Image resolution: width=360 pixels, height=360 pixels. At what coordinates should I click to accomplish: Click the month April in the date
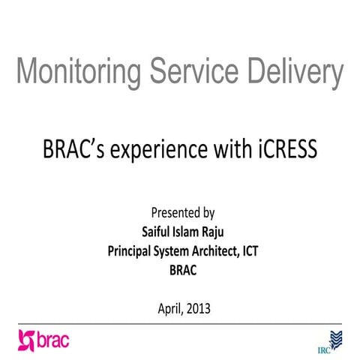pyautogui.click(x=170, y=307)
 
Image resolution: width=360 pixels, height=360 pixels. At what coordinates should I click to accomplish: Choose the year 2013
pyautogui.click(x=200, y=307)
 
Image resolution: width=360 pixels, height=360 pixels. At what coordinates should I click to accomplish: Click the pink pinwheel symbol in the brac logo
pyautogui.click(x=28, y=340)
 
